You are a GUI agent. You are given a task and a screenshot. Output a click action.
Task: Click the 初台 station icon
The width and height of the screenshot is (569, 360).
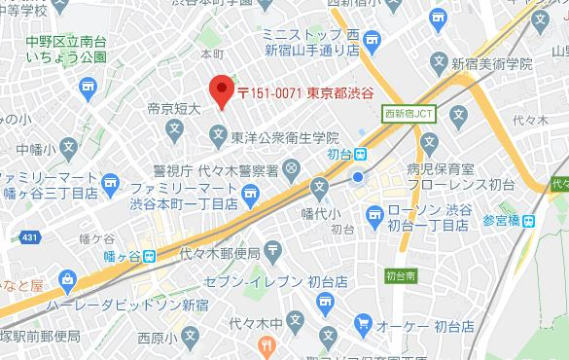coord(360,153)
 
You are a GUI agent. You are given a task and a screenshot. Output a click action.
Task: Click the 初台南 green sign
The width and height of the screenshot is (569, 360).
coord(401,274)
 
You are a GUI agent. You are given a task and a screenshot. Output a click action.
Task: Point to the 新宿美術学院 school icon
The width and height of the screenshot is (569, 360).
coord(438,64)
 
